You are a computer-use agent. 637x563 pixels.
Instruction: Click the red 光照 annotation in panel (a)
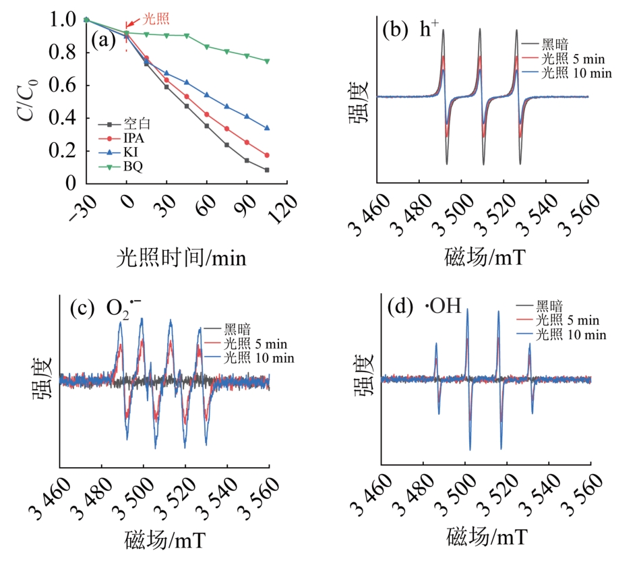(156, 20)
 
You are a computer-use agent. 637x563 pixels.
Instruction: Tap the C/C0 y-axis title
(27, 101)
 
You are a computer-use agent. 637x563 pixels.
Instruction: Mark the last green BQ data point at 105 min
(268, 61)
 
